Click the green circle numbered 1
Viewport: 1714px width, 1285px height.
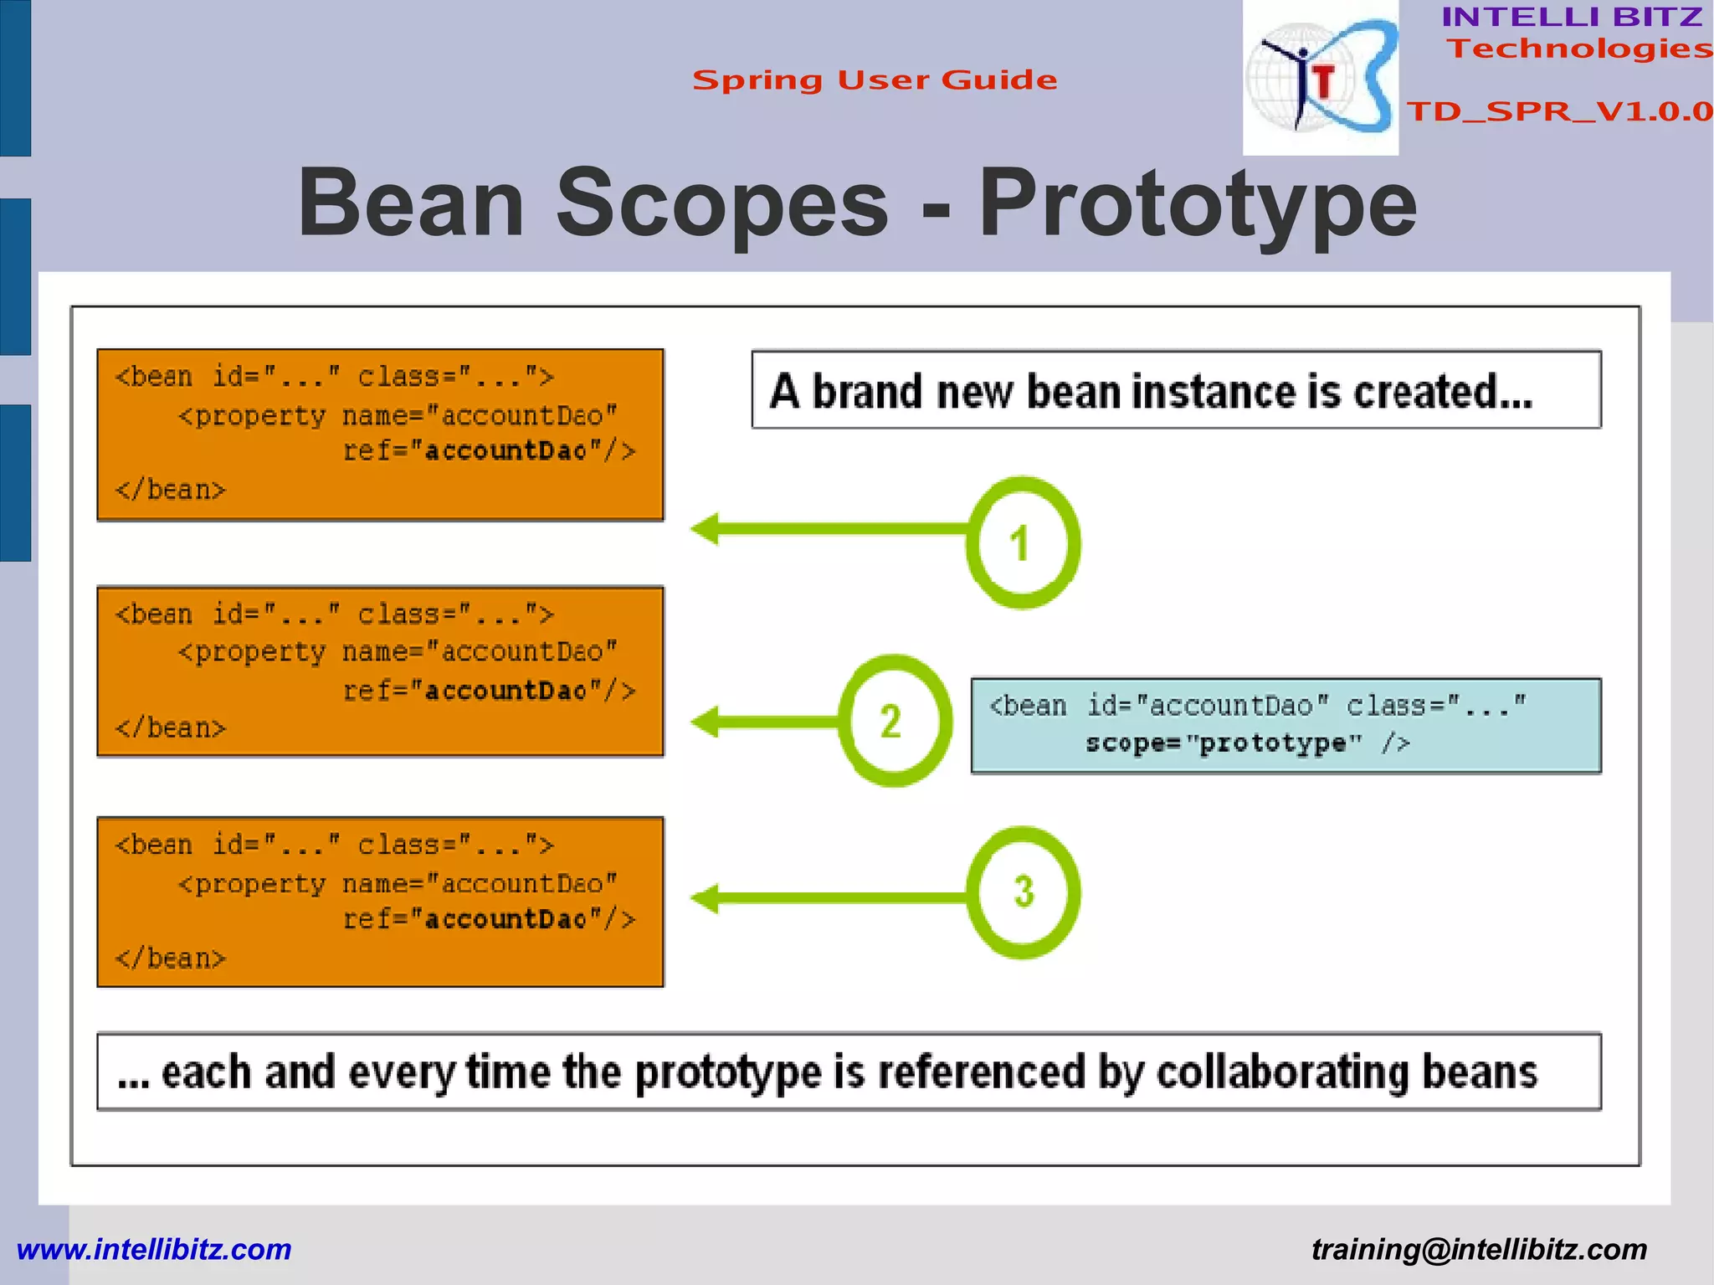[x=1022, y=542]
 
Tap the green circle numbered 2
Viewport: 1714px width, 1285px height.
[x=894, y=721]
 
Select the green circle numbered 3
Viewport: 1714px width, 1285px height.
[x=1023, y=892]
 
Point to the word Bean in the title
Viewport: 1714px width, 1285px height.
[x=411, y=203]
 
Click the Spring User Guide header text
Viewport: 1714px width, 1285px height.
[x=875, y=80]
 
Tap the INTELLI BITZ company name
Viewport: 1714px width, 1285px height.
[x=1572, y=17]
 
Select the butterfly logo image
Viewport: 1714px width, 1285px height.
[x=1321, y=78]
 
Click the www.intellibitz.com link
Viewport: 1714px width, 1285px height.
[x=154, y=1249]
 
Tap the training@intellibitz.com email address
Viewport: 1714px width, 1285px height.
[x=1479, y=1249]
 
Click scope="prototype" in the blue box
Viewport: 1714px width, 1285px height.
[x=1224, y=743]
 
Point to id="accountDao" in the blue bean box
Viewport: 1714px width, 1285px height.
[x=1207, y=706]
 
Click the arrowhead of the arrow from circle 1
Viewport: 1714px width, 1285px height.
[x=705, y=528]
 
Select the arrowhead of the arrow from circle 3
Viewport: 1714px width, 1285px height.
[x=705, y=898]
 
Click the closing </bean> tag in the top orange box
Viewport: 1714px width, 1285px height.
[x=171, y=490]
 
